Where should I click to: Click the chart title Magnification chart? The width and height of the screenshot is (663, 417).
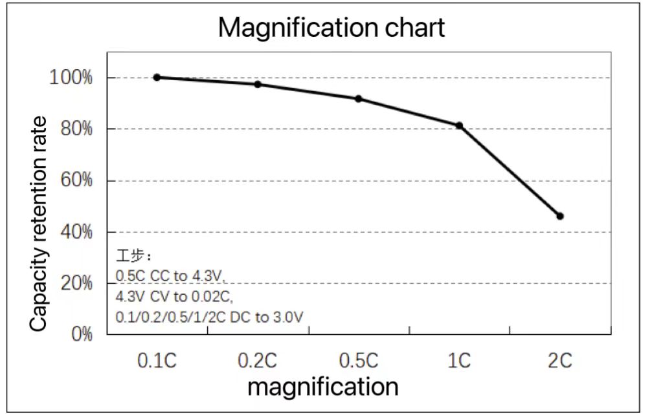[x=331, y=28]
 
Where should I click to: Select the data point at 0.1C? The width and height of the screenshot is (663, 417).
[x=157, y=77]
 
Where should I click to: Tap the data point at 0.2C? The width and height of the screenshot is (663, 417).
[x=258, y=84]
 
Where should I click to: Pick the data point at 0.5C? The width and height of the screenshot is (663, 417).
[x=358, y=98]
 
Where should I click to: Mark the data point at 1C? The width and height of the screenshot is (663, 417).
[x=459, y=125]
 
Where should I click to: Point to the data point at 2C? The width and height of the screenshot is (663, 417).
[x=560, y=216]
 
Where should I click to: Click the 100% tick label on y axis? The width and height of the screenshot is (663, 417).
[x=71, y=78]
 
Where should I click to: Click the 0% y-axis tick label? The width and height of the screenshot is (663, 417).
[x=81, y=334]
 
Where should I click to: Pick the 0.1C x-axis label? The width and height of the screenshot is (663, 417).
[x=157, y=361]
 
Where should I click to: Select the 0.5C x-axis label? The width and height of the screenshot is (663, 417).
[x=358, y=361]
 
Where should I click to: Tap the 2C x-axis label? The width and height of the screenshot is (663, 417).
[x=560, y=361]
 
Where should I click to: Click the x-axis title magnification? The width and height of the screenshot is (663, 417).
[x=322, y=387]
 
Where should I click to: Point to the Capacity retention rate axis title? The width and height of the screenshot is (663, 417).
[x=39, y=224]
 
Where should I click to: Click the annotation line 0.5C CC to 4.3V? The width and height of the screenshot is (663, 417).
[x=170, y=276]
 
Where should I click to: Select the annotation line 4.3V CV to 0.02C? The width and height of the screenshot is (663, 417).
[x=174, y=297]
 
